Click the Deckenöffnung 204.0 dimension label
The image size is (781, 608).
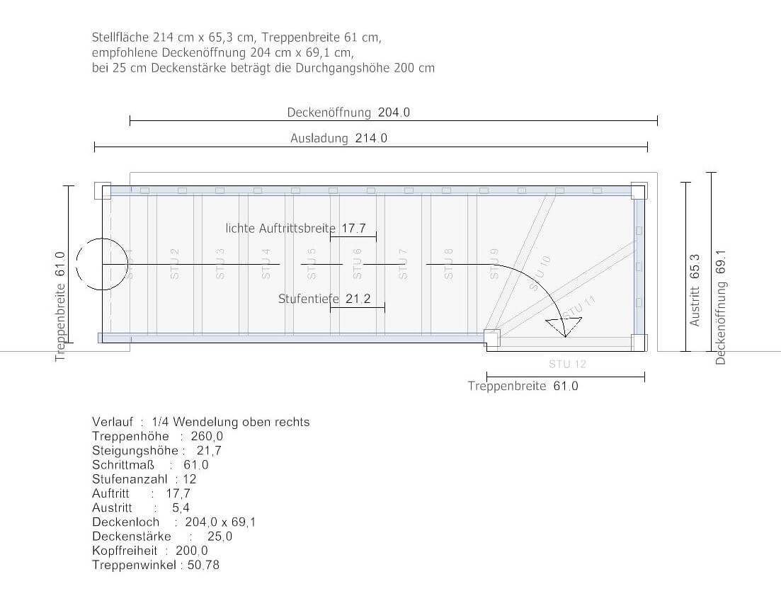pos(348,113)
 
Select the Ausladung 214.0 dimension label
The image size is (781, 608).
pos(338,138)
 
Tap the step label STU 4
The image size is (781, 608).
pos(266,264)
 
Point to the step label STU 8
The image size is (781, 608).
pos(449,264)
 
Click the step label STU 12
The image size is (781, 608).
pos(567,364)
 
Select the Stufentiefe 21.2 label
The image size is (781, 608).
pos(324,299)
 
